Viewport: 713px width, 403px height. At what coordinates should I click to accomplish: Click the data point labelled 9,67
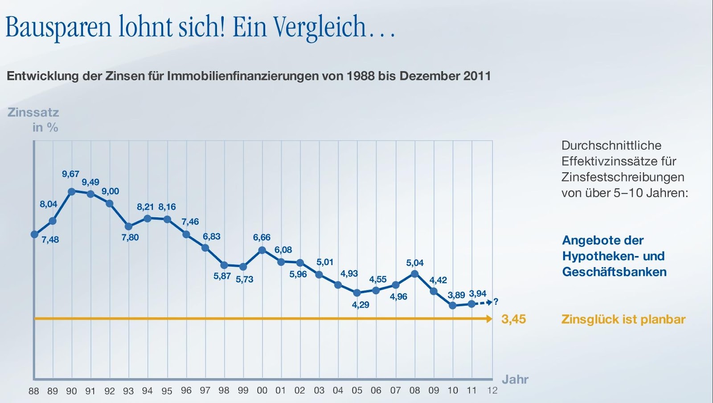click(71, 191)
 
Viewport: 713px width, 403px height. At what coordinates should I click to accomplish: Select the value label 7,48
click(50, 240)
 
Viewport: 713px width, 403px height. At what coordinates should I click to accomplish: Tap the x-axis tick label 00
click(262, 391)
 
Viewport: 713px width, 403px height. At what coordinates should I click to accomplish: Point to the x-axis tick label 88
click(34, 391)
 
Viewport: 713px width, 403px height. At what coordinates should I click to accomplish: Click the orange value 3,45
click(513, 319)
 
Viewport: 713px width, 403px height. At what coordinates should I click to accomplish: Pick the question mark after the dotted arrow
click(496, 302)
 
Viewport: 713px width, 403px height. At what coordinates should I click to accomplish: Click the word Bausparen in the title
click(58, 27)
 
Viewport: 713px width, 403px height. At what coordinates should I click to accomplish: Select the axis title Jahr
click(515, 379)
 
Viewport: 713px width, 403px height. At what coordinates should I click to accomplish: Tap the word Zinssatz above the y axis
click(33, 112)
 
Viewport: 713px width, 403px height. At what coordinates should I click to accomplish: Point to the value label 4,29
click(361, 305)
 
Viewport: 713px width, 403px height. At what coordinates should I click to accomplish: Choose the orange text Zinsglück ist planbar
click(623, 319)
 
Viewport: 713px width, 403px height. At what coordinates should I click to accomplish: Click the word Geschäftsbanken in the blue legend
click(614, 272)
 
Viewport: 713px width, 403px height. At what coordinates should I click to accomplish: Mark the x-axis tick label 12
click(492, 391)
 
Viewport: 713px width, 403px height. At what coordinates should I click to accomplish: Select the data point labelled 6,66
click(262, 250)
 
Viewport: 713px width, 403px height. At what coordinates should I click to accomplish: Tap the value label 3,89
click(456, 295)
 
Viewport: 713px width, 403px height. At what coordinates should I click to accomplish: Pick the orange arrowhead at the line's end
click(490, 319)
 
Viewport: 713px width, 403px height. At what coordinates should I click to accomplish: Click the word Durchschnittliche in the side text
click(611, 146)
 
